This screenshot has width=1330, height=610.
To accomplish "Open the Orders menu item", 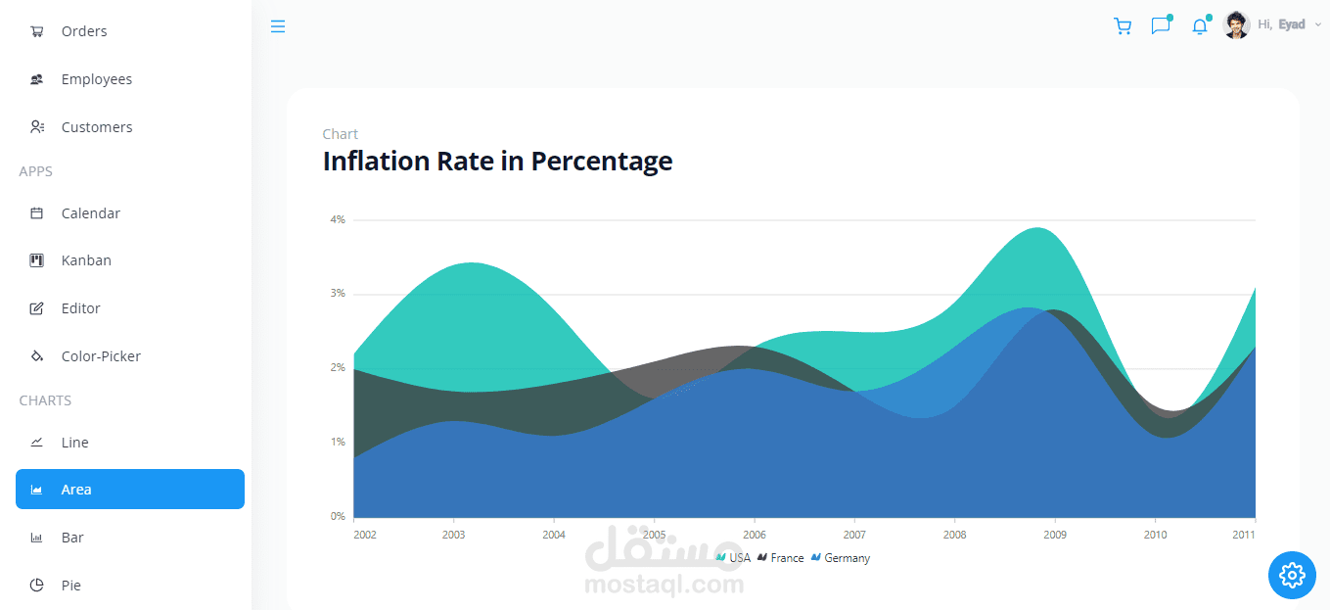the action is coord(69,31).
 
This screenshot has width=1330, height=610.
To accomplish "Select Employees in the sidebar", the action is coord(81,79).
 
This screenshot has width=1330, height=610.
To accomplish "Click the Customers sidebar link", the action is coord(81,127).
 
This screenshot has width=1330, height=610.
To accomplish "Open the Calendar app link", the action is coord(74,213).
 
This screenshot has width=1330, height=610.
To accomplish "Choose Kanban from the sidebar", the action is coord(70,260).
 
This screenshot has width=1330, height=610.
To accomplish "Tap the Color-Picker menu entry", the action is coord(85,356).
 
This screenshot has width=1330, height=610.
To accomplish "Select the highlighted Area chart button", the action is coord(130,489).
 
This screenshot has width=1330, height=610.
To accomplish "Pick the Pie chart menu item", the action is coord(55,586).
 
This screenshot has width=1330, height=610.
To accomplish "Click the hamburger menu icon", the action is coord(278,26).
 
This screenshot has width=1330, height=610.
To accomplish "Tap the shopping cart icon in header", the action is coord(1123,26).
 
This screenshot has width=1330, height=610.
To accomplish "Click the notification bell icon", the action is coord(1200,26).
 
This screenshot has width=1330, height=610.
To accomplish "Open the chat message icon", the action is coord(1161,25).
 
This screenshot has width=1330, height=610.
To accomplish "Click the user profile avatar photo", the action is coord(1236,24).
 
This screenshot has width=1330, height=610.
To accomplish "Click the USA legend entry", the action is coord(733,558).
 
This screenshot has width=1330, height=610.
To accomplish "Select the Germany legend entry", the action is coord(840,558).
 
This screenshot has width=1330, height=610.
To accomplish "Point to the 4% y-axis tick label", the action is coord(338,219).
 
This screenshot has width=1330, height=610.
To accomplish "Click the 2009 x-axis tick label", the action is coord(1054,535).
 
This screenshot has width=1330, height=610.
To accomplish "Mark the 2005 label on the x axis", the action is coord(654,535).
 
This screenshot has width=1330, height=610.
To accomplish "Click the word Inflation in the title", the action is coord(376,161).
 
